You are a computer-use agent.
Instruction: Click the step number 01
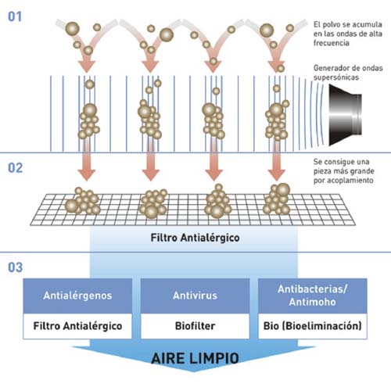click(x=15, y=16)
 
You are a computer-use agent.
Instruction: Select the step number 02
click(x=15, y=168)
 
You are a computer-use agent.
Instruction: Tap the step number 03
click(x=15, y=267)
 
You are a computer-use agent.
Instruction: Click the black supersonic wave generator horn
click(x=345, y=115)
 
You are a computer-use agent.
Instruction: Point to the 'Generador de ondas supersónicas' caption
click(x=348, y=73)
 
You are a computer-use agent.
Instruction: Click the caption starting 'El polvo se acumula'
click(x=348, y=34)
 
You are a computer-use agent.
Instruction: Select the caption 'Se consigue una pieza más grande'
click(x=343, y=170)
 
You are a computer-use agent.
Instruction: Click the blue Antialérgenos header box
click(x=77, y=296)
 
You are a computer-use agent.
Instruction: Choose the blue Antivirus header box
click(x=195, y=296)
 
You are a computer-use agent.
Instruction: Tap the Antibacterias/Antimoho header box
click(x=313, y=296)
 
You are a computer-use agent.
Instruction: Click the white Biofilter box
click(x=195, y=326)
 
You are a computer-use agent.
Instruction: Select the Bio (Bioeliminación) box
click(x=313, y=326)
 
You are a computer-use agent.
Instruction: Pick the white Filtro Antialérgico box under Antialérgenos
click(x=77, y=326)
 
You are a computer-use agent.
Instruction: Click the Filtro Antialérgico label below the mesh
click(x=195, y=238)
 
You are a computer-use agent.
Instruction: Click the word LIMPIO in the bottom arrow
click(x=216, y=358)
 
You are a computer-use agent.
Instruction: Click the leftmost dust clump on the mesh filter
click(x=82, y=201)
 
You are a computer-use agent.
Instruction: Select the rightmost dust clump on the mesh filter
click(x=277, y=199)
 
